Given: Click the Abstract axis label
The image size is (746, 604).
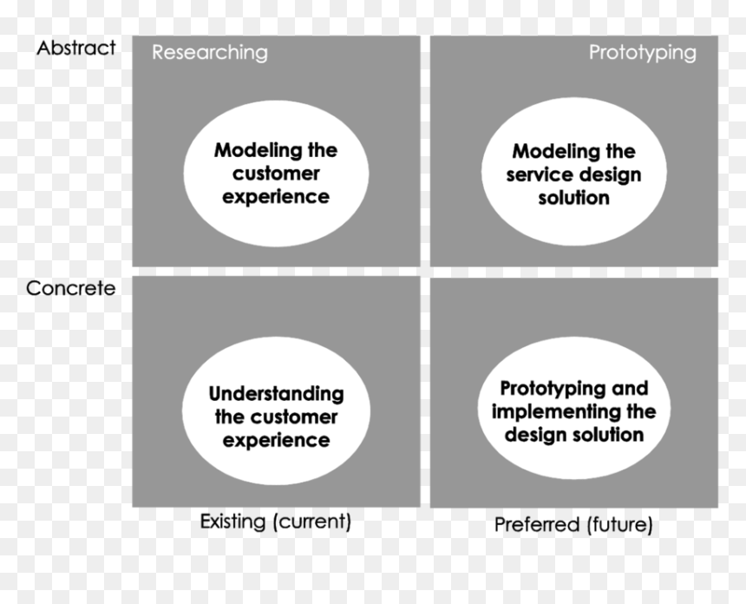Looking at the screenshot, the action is click(x=76, y=48).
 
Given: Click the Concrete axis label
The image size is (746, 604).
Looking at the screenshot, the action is click(x=71, y=288).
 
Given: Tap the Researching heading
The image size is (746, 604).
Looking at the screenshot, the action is click(x=210, y=53).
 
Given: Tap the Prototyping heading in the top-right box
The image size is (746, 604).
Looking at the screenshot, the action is click(x=643, y=53).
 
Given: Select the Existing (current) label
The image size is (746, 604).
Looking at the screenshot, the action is click(x=276, y=522).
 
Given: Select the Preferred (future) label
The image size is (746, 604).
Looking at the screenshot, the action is click(x=573, y=524).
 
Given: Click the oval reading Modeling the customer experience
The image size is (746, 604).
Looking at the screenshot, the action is click(x=277, y=174).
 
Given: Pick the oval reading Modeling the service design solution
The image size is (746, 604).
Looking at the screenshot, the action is click(x=573, y=172).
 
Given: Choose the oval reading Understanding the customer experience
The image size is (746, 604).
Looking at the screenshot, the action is click(x=276, y=410).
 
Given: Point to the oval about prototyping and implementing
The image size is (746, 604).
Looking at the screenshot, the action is click(x=574, y=409).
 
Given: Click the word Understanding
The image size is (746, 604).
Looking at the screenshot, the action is click(x=277, y=394).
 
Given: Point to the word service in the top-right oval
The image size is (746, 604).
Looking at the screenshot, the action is click(x=533, y=175).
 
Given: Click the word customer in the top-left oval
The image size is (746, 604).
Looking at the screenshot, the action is click(x=276, y=174).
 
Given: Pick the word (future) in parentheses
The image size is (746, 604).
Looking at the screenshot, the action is click(x=620, y=524).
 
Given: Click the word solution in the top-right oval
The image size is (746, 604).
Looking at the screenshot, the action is click(x=573, y=198).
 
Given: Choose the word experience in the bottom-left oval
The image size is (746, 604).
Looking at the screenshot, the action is click(x=277, y=441).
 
